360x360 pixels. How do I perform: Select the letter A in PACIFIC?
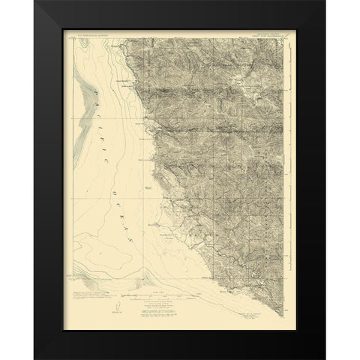point(100,103)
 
